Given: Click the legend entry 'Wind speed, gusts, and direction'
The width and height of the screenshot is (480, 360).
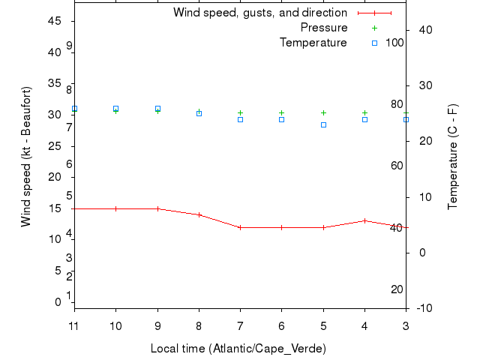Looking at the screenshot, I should [x=259, y=13].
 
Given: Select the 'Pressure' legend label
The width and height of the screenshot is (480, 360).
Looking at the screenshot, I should [x=323, y=28].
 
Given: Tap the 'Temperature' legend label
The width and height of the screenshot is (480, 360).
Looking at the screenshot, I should [x=313, y=43].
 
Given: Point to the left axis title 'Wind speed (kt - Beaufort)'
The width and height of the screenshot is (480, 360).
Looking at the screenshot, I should [x=25, y=156].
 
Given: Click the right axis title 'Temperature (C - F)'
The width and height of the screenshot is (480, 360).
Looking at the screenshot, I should [x=453, y=156].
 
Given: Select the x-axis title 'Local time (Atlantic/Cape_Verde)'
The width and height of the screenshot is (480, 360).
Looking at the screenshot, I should [x=238, y=349].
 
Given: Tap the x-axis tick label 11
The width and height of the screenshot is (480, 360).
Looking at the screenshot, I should [x=74, y=325].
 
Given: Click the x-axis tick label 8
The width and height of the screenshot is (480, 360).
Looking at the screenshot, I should [x=199, y=325].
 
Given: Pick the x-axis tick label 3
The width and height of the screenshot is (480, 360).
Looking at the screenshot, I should [x=406, y=325].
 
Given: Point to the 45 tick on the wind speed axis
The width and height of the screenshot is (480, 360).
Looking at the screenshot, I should [x=55, y=21].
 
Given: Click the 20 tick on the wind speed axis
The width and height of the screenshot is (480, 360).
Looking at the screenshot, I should [x=55, y=177].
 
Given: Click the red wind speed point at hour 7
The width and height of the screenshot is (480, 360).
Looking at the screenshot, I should [x=240, y=227].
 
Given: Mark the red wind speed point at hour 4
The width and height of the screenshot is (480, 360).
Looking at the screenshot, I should [x=364, y=220].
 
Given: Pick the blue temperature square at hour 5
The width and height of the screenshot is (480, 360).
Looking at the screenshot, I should [x=323, y=124].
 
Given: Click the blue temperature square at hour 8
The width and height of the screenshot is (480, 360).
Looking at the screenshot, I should [x=199, y=113].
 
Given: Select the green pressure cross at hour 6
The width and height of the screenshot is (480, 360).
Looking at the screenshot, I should [x=281, y=112].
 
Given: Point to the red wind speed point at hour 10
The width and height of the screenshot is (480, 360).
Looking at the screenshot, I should [x=115, y=208].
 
